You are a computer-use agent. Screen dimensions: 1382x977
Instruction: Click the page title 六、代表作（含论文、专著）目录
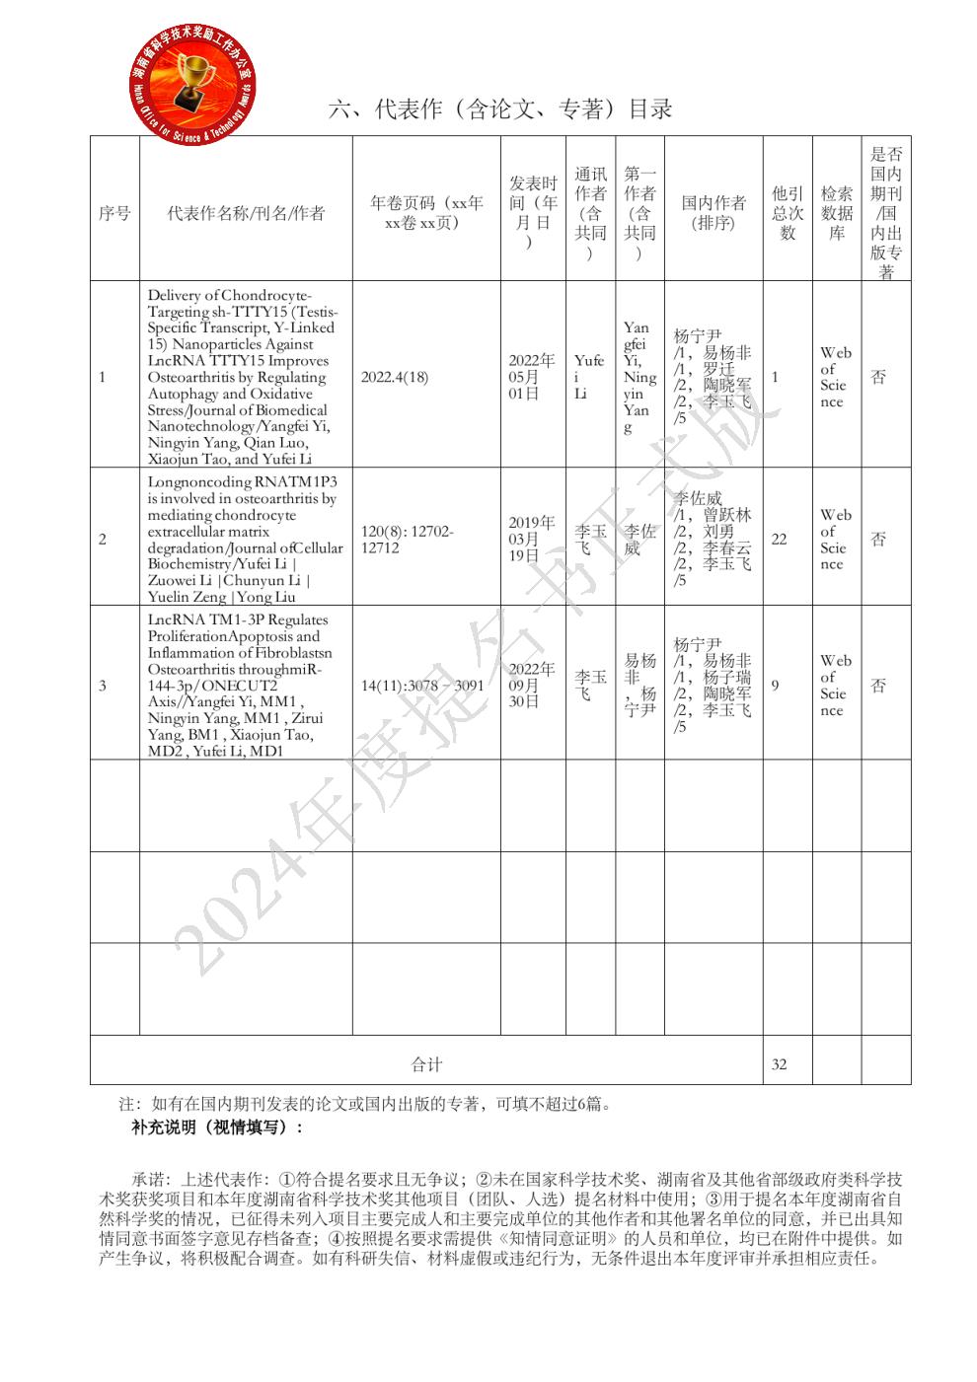tap(500, 109)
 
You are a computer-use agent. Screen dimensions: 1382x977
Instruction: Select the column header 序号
tap(114, 213)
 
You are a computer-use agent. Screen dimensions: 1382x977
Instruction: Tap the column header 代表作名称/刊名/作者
tap(246, 213)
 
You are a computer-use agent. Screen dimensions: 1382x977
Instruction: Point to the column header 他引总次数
tap(788, 213)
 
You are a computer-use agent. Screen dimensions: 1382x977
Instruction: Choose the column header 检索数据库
tap(837, 213)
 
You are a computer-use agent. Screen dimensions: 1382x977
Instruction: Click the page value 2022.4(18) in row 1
tap(395, 377)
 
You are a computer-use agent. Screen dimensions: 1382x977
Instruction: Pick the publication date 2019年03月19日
tap(532, 540)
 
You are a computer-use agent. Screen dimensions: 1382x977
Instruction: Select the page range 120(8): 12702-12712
tap(407, 540)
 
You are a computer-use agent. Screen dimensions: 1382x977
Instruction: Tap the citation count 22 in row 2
tap(779, 540)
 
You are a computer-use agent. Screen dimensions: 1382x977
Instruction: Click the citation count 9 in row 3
tap(776, 686)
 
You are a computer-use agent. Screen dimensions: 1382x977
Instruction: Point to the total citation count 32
tap(779, 1064)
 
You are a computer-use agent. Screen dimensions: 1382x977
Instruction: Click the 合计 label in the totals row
tap(426, 1064)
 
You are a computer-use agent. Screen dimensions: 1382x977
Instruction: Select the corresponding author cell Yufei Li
tap(589, 377)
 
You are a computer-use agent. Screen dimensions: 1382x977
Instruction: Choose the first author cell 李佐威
tap(639, 540)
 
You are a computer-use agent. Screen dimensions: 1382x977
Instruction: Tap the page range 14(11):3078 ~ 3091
tap(422, 686)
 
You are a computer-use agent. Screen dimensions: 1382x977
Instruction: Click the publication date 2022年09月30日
tap(532, 686)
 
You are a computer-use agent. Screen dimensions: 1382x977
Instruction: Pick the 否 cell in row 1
tap(878, 377)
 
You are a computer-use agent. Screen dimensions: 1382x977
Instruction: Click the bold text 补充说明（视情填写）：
tap(217, 1127)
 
